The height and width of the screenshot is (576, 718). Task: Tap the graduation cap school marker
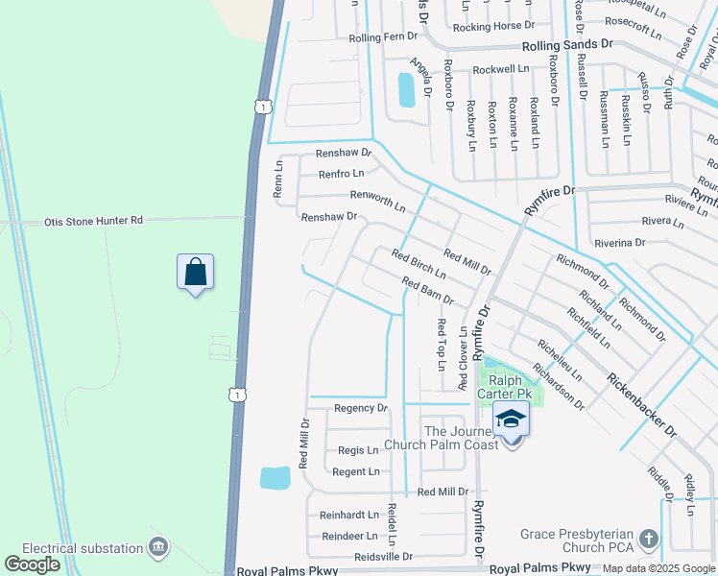coord(512,420)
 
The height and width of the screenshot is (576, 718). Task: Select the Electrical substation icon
coord(158,548)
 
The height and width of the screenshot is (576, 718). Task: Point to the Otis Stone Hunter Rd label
coord(93,221)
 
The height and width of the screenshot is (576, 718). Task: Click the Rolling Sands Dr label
coord(566,45)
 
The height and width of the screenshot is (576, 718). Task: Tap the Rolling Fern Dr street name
coord(384,37)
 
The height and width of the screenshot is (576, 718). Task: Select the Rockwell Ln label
coord(501,69)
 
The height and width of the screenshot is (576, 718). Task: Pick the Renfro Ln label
coord(341,174)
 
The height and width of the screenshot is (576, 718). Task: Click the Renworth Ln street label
coord(377,201)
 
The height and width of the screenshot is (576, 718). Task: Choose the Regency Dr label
coord(360,408)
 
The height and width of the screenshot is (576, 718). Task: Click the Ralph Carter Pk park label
coord(510,387)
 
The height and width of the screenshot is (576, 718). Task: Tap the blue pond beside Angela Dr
coord(406,90)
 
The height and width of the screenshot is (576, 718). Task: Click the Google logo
coord(33,564)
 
